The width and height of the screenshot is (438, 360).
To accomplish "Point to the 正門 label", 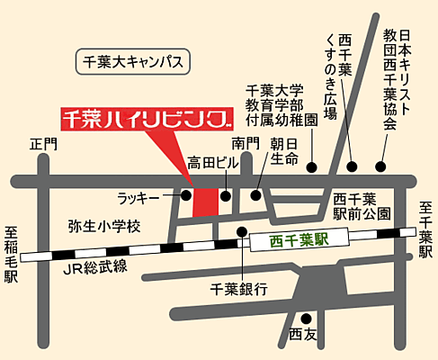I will click(42, 143).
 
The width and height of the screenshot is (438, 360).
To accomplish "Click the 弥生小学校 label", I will click(104, 227).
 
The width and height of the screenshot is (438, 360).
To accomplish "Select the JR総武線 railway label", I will click(94, 267).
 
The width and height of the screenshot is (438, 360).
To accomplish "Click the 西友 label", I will click(304, 335).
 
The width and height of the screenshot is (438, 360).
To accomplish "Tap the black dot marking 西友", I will click(306, 317).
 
